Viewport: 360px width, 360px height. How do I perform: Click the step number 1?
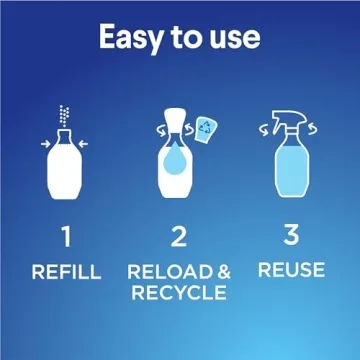pos(66,237)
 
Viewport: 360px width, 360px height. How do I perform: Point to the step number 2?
pos(179,237)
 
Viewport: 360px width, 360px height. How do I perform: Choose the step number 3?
pos(291,235)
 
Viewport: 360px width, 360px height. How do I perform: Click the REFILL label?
pos(66,271)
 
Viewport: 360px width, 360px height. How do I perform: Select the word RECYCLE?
pos(179,293)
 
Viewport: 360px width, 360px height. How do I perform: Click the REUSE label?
pos(291,270)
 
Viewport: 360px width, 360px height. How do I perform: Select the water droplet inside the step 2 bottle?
pos(176,162)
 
